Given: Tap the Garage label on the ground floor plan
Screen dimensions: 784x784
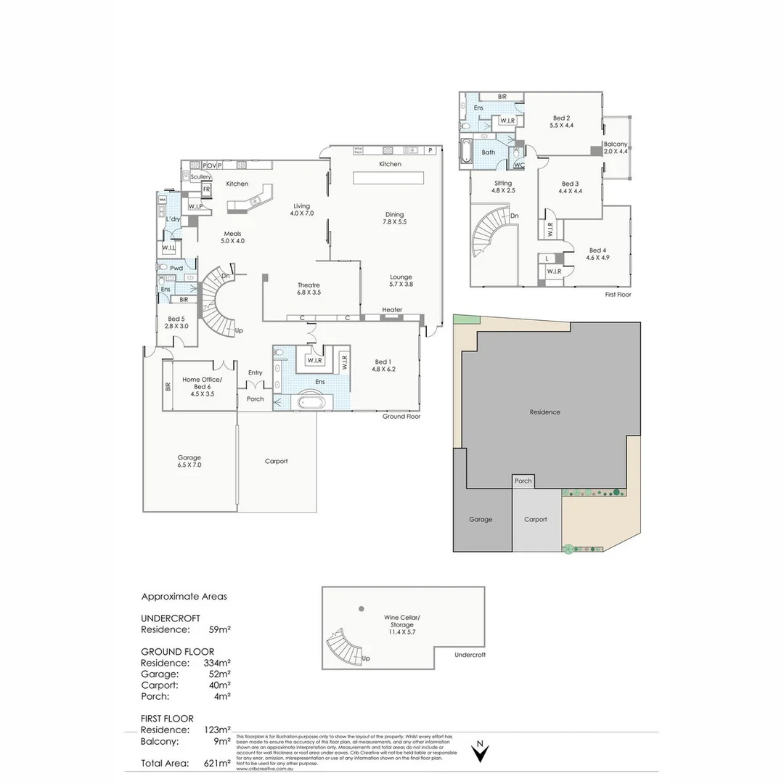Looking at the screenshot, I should (189, 461).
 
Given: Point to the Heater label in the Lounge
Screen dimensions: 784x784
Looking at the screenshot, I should (392, 310).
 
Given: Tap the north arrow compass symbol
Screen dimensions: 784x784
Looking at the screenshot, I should (479, 752).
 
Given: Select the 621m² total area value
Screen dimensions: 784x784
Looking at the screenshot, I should (217, 763).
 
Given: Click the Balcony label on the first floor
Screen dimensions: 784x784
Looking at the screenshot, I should (615, 144).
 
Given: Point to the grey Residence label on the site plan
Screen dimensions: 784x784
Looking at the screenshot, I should (544, 412).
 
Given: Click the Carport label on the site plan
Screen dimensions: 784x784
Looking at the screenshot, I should (536, 519).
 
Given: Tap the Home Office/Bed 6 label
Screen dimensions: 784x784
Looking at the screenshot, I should (202, 383).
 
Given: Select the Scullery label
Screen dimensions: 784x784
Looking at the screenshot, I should (200, 176).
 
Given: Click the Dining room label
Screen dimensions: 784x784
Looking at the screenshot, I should (394, 218).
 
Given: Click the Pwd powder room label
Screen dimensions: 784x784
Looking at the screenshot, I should (177, 268).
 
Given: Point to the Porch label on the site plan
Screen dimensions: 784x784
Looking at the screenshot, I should (523, 481).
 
